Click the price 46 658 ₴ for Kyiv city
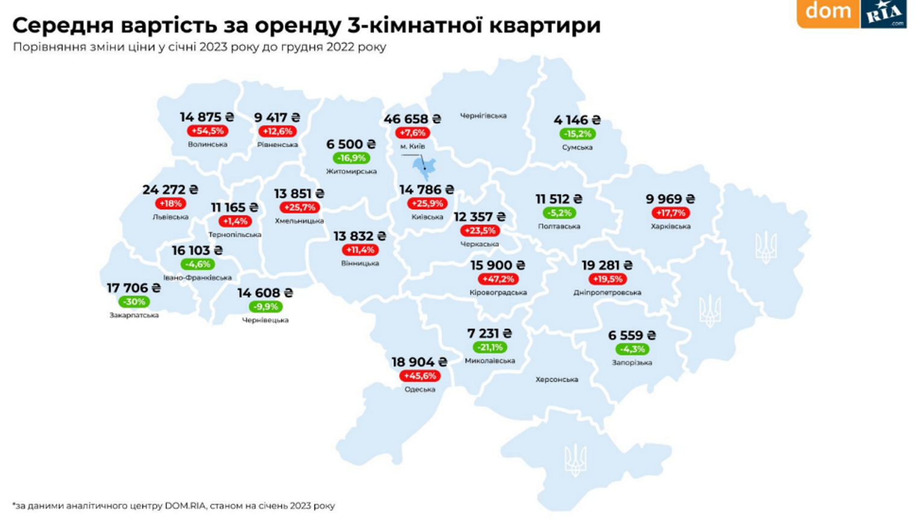click(x=412, y=119)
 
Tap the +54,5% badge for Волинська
click(x=207, y=131)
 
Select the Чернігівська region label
click(x=483, y=115)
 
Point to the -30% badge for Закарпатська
click(x=134, y=302)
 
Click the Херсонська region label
click(x=557, y=379)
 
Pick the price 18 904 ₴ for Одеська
click(x=419, y=362)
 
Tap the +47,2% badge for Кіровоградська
click(x=498, y=279)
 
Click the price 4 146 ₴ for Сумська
click(x=577, y=120)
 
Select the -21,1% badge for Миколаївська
click(x=489, y=347)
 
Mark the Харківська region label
click(x=670, y=226)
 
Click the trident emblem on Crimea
click(x=575, y=460)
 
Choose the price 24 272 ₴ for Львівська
click(x=170, y=190)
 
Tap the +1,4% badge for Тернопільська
click(x=234, y=221)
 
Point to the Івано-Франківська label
click(x=197, y=277)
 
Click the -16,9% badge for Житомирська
click(x=351, y=158)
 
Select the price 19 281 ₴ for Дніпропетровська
click(x=607, y=265)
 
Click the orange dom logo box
click(x=828, y=12)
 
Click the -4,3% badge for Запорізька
click(x=632, y=349)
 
